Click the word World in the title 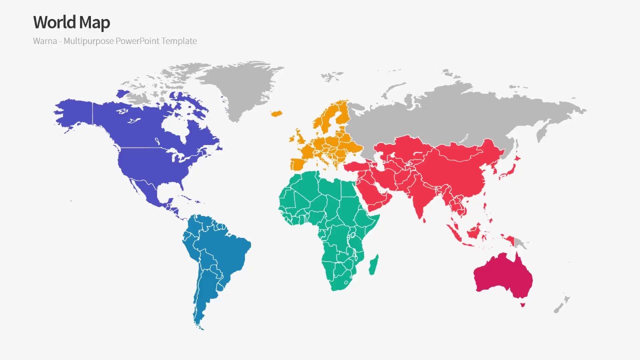54,22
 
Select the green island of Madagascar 373,265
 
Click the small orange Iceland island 276,113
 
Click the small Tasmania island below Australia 522,304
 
